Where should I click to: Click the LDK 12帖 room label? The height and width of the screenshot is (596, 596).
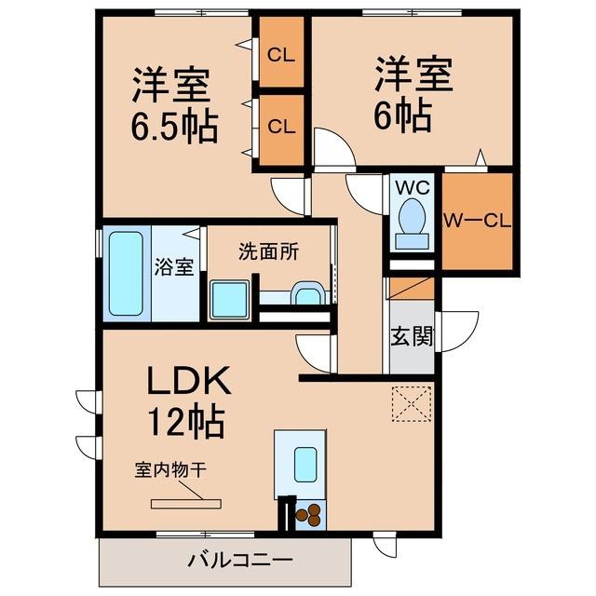click(189, 401)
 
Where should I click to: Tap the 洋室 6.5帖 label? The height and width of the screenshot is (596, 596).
click(174, 105)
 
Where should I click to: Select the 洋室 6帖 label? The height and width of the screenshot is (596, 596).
click(413, 93)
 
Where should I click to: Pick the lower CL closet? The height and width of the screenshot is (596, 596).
click(281, 129)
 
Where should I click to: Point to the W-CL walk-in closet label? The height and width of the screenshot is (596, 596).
click(478, 222)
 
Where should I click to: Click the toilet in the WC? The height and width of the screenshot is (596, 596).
click(412, 223)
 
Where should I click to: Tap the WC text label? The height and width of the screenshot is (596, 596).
click(413, 187)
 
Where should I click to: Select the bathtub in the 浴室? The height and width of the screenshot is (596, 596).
click(126, 273)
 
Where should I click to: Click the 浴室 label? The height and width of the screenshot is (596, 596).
click(174, 267)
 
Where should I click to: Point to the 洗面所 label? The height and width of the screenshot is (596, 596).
click(269, 251)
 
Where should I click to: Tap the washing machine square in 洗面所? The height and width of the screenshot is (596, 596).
click(230, 300)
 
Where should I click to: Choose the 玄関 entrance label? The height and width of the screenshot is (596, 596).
click(413, 336)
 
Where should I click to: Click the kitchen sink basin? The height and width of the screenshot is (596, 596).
click(305, 465)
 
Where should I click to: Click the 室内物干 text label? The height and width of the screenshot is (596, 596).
click(170, 469)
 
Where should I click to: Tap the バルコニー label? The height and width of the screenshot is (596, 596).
click(240, 561)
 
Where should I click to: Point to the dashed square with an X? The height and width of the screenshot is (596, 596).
click(412, 404)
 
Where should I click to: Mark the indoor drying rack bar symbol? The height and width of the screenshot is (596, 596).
click(186, 504)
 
